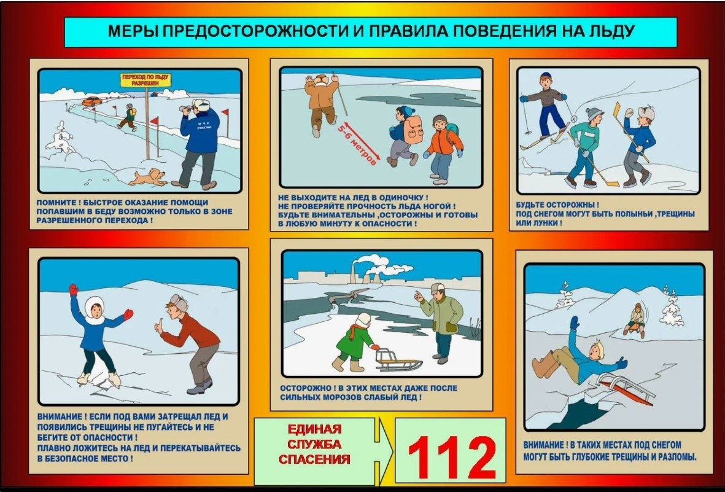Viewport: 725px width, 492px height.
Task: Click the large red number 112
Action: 452,458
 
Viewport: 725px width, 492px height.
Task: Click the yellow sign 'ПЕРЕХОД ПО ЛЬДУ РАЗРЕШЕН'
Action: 145,80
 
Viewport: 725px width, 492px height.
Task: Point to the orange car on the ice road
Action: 92,101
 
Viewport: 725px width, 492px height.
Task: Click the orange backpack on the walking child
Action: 413,130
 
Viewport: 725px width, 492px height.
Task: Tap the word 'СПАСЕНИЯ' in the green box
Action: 314,459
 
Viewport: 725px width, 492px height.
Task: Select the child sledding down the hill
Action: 636,320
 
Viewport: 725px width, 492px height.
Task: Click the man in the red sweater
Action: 190,343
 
